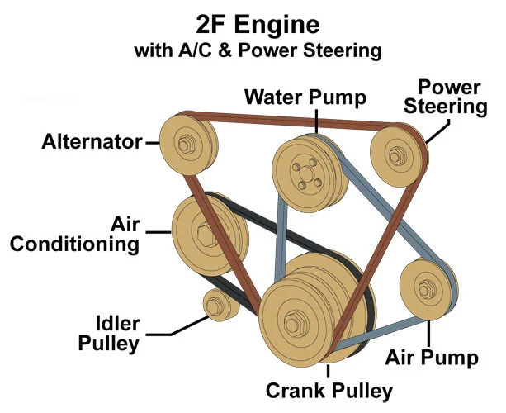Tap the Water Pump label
(305, 97)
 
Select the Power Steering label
(450, 97)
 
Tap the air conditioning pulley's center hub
(202, 229)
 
